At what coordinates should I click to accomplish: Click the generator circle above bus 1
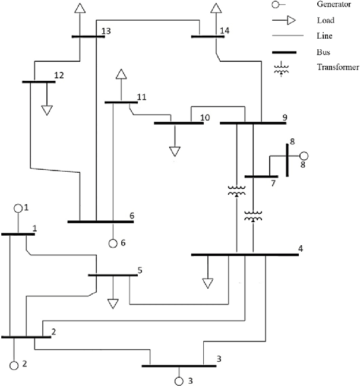(x=18, y=208)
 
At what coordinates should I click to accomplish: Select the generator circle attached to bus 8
(x=304, y=156)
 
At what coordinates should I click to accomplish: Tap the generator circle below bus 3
(x=179, y=381)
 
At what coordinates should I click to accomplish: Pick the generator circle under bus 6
(x=113, y=243)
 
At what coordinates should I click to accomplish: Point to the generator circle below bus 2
(x=14, y=365)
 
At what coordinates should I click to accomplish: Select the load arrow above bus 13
(x=80, y=8)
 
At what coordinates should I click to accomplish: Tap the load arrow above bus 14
(x=215, y=8)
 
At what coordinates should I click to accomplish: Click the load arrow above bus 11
(x=121, y=74)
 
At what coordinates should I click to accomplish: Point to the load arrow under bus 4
(x=207, y=282)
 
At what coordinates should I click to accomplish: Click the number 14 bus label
(x=223, y=30)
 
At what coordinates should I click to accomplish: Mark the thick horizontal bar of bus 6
(x=100, y=222)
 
